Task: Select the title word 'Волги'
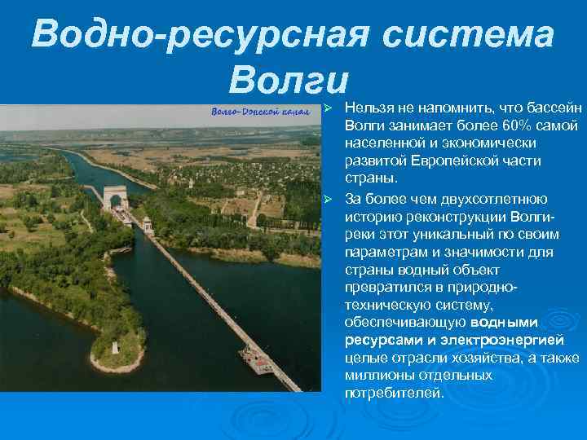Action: coord(289,78)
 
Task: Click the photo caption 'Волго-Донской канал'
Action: coord(260,111)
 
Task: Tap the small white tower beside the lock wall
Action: coord(148,225)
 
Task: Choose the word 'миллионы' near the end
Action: coord(381,376)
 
